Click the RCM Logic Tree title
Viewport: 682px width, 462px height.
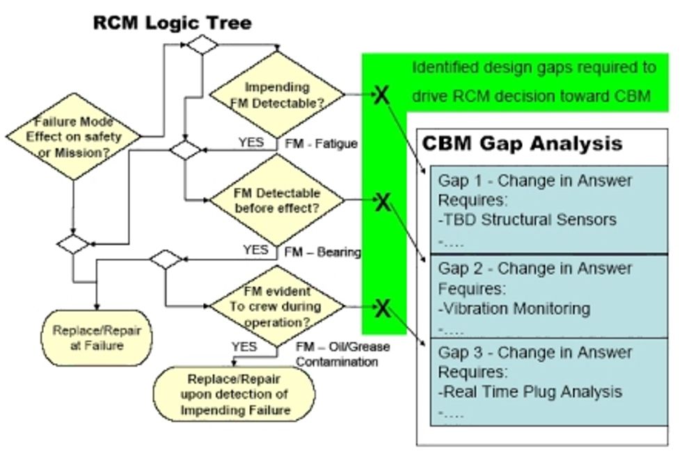point(173,22)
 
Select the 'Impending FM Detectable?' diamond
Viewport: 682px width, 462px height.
point(277,95)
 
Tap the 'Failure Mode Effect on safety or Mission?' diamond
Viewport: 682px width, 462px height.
point(73,137)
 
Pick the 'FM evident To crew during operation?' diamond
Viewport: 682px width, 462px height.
point(277,306)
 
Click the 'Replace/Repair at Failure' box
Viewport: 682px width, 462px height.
point(97,337)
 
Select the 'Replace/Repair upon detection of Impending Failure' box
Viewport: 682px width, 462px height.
point(235,394)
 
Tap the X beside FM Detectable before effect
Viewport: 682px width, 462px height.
point(382,202)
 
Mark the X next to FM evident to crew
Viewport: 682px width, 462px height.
point(382,308)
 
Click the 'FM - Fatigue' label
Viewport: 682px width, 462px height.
point(321,143)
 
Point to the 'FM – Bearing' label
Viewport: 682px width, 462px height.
point(323,252)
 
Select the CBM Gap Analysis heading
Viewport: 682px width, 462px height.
point(522,143)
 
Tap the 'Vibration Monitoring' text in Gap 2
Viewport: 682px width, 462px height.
point(517,308)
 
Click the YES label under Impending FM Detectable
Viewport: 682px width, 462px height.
point(251,142)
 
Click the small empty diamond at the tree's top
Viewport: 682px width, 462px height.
point(200,45)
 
